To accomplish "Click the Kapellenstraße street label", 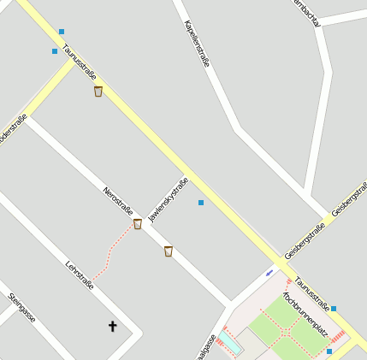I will coord(197,44).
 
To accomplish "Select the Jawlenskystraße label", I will coord(168,199).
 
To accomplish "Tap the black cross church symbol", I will coord(112,326).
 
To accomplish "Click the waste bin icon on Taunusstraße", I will coord(98,91).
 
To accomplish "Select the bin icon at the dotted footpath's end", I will coord(137,224).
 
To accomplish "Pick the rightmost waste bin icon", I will coord(168,251).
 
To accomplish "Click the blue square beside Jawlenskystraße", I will coord(201,203).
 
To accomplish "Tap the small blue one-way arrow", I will coord(269,273).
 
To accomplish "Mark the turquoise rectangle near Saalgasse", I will coord(230,343).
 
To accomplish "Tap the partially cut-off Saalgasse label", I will coord(204,347).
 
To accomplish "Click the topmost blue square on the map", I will coord(62,32).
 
